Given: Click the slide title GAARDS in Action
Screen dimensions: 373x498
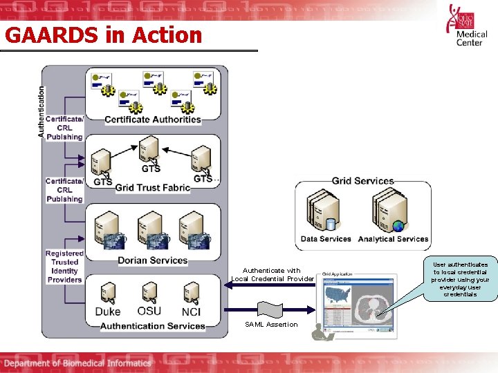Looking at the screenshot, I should pyautogui.click(x=102, y=35).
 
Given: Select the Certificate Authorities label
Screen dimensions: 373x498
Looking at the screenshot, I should pyautogui.click(x=152, y=119).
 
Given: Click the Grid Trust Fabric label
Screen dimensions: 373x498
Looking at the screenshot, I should pyautogui.click(x=152, y=187).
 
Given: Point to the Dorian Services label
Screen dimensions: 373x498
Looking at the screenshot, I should pyautogui.click(x=152, y=260).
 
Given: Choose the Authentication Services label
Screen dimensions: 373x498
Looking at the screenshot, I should pyautogui.click(x=152, y=325).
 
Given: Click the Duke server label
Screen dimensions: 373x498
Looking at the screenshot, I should pyautogui.click(x=107, y=312).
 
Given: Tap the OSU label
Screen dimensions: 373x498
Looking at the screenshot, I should pyautogui.click(x=149, y=311).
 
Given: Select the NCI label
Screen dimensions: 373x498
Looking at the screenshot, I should pyautogui.click(x=191, y=312).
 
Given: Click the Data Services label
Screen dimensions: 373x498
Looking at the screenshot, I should pyautogui.click(x=326, y=239).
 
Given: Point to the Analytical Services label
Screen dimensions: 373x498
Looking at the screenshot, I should pyautogui.click(x=393, y=239).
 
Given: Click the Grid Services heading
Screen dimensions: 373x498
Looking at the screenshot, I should pyautogui.click(x=362, y=181).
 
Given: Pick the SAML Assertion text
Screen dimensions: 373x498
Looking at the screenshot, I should pyautogui.click(x=272, y=324).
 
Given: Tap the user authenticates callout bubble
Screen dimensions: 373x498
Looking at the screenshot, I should pyautogui.click(x=460, y=279).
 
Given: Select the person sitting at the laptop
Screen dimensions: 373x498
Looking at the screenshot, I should pyautogui.click(x=320, y=332).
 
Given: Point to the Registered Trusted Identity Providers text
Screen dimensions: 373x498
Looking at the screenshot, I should pyautogui.click(x=64, y=267).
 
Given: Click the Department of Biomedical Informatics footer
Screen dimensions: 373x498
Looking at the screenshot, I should pyautogui.click(x=77, y=363).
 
